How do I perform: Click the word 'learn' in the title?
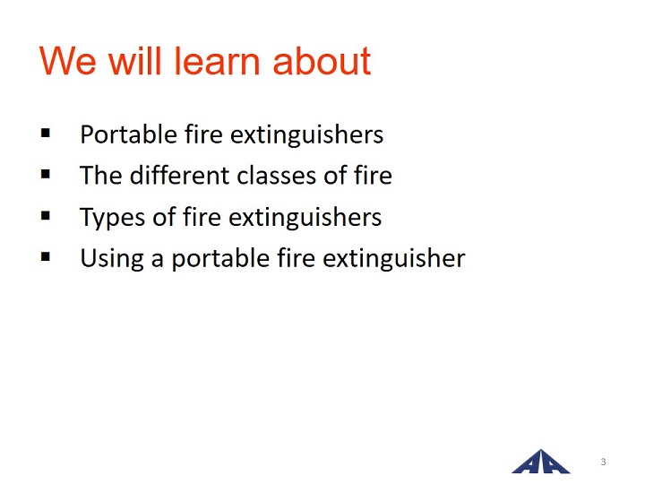click(217, 61)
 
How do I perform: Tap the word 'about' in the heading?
click(322, 61)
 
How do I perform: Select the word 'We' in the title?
click(68, 61)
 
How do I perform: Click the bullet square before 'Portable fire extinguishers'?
click(46, 133)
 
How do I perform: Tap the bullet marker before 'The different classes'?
click(46, 174)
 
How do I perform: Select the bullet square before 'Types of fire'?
click(46, 215)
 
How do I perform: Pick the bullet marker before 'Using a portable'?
click(46, 257)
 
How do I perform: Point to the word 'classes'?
click(277, 176)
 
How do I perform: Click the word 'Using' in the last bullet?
click(112, 259)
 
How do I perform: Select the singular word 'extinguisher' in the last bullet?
click(393, 258)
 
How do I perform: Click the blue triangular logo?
click(540, 462)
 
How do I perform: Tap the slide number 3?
click(603, 462)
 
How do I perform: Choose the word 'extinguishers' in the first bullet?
click(306, 134)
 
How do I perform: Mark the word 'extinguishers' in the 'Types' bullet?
click(305, 217)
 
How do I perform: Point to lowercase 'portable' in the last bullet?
click(220, 259)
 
